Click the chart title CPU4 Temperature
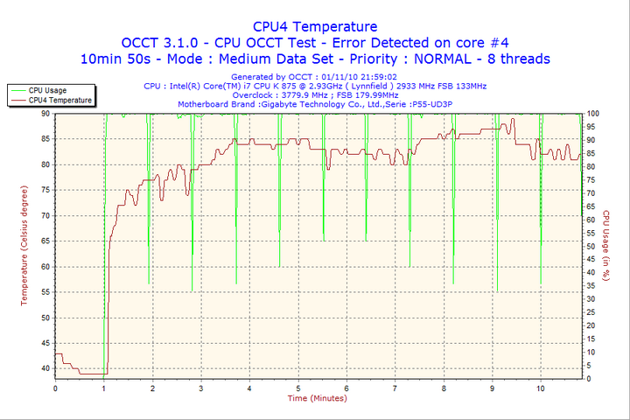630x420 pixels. (315, 27)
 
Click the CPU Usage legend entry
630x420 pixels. (47, 90)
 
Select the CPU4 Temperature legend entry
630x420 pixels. (59, 101)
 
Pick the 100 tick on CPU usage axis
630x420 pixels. (592, 114)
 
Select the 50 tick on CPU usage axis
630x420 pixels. (591, 246)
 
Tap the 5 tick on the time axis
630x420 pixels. (298, 388)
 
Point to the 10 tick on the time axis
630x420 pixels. (541, 388)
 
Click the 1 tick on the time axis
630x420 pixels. (104, 388)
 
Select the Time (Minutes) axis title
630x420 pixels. (317, 399)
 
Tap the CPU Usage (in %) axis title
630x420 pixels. (605, 245)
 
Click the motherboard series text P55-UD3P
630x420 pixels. (435, 104)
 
